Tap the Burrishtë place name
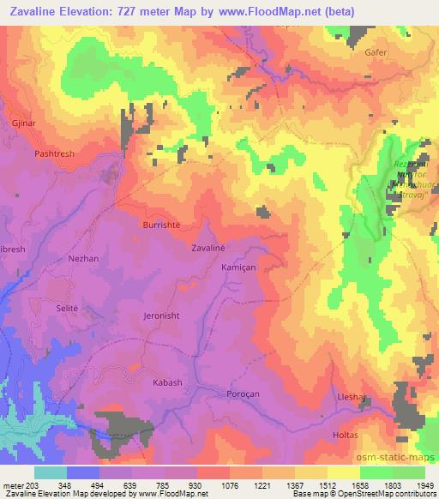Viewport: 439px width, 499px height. point(163,224)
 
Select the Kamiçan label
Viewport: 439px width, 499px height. point(239,268)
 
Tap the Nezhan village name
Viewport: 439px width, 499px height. point(84,257)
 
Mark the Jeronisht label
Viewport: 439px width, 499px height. point(163,316)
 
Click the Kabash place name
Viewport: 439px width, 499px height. point(167,382)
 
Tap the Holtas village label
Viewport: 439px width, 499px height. point(346,436)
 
